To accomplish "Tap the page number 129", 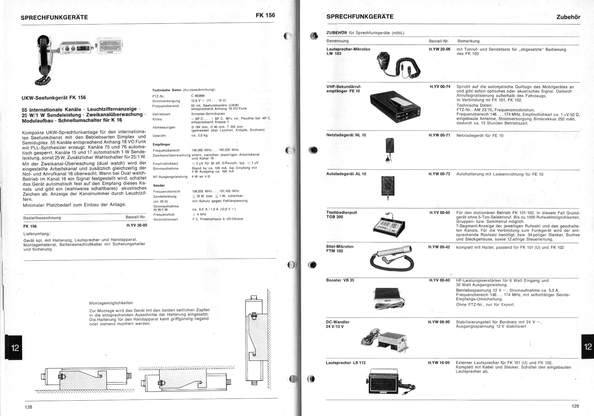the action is point(575,406).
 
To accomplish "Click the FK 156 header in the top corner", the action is point(265,15).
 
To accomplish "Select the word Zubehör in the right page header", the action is point(568,17).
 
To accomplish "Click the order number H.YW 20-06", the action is point(440,49).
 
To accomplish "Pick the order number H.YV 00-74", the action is point(440,87).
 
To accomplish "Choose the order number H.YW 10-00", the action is point(439,363).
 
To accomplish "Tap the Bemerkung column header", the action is point(468,41).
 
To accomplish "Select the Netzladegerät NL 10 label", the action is point(346,135).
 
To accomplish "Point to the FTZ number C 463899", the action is point(198,96).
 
